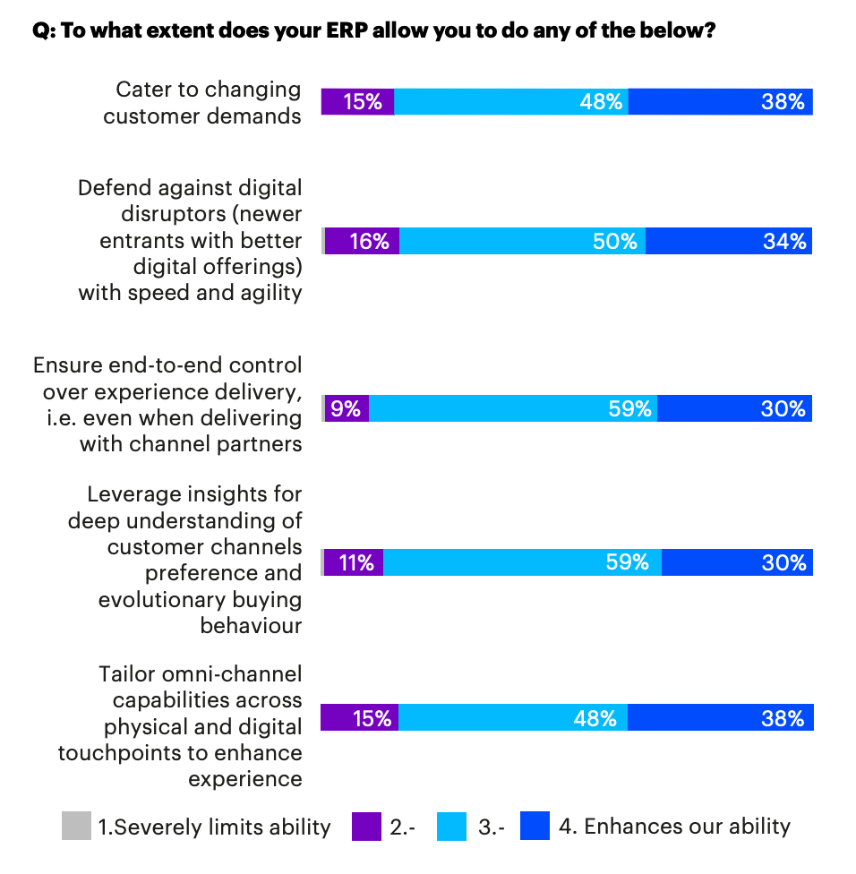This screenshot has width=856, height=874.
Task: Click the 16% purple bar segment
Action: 362,241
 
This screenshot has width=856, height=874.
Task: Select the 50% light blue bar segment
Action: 522,241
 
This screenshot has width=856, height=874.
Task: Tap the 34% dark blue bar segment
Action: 728,241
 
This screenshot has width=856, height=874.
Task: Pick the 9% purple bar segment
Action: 347,408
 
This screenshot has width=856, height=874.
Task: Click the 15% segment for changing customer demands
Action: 357,102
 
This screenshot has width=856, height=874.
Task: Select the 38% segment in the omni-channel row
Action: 720,717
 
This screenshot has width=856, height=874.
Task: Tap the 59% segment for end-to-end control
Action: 512,408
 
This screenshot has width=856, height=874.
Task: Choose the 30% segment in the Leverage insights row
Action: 737,562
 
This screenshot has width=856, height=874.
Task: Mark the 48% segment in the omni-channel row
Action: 512,717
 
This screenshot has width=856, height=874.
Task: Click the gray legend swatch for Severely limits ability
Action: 76,826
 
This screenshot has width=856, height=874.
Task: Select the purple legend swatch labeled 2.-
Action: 366,826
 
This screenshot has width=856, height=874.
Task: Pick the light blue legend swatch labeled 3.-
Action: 451,826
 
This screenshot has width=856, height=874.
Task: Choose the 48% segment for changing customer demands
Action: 511,102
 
